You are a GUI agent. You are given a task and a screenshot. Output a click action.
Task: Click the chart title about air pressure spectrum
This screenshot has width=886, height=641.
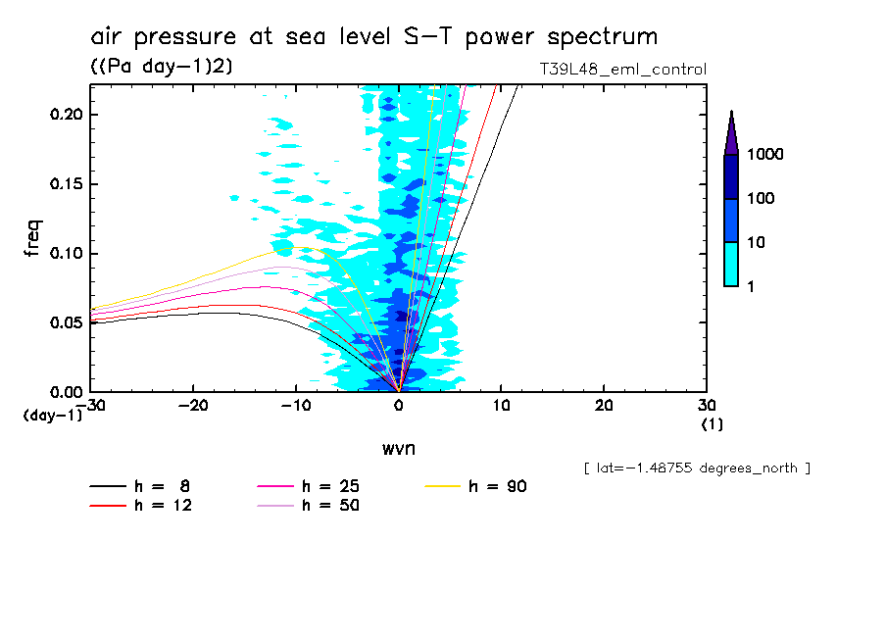(373, 37)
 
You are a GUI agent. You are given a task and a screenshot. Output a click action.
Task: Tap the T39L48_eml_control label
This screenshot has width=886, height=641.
(622, 70)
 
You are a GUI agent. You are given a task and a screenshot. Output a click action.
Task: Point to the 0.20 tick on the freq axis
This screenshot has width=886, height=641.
(67, 115)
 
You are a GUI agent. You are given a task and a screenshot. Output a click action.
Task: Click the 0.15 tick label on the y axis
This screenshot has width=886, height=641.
(67, 184)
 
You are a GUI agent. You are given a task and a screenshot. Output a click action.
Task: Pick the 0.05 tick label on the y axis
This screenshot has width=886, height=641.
(67, 322)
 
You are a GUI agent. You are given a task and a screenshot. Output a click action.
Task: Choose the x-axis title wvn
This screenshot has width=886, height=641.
(398, 449)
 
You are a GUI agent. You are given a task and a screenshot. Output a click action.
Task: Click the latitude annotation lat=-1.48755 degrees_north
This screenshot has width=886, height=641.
(696, 468)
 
